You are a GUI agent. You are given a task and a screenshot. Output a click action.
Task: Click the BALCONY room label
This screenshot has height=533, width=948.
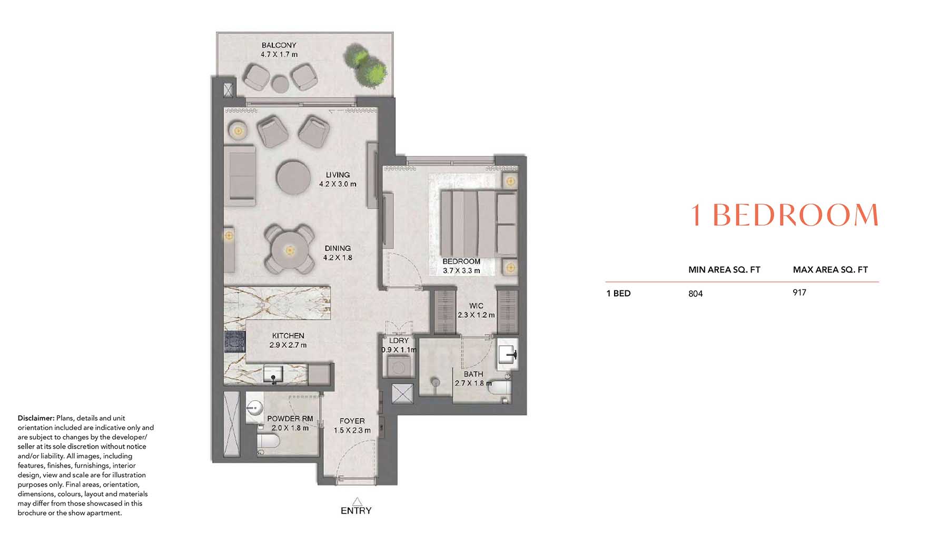pos(279,45)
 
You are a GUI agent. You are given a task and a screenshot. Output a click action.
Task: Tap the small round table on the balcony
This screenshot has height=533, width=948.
pos(280,84)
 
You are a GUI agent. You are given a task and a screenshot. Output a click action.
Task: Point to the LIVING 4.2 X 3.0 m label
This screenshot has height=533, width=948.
pos(338,179)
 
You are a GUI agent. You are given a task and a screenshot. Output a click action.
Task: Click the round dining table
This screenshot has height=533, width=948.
pos(289,250)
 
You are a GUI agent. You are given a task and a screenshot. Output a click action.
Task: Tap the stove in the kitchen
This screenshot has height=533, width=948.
pos(235,341)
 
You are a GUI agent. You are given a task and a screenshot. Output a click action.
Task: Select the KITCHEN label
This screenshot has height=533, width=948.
pos(288,336)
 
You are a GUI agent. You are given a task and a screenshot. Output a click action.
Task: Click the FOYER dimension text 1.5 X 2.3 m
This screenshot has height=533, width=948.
pos(352,430)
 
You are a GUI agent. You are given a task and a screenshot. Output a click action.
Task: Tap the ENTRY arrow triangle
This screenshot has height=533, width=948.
pos(357,501)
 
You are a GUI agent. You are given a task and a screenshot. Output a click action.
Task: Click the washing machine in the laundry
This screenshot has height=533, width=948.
pos(399,366)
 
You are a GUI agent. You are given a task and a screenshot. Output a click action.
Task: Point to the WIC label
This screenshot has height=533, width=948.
pos(476,306)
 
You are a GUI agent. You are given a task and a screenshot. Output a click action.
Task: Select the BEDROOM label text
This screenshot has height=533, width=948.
pos(461,262)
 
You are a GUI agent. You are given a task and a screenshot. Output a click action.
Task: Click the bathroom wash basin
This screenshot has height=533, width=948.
pos(508,354)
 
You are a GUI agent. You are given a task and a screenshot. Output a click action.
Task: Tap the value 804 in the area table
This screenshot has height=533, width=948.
pos(696,294)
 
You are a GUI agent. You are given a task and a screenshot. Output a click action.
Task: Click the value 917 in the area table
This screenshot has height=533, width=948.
pos(799,293)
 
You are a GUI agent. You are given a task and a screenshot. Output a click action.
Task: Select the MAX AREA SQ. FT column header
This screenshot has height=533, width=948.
pos(831,269)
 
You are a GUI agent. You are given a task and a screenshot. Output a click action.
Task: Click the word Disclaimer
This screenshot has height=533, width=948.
pos(36,418)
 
